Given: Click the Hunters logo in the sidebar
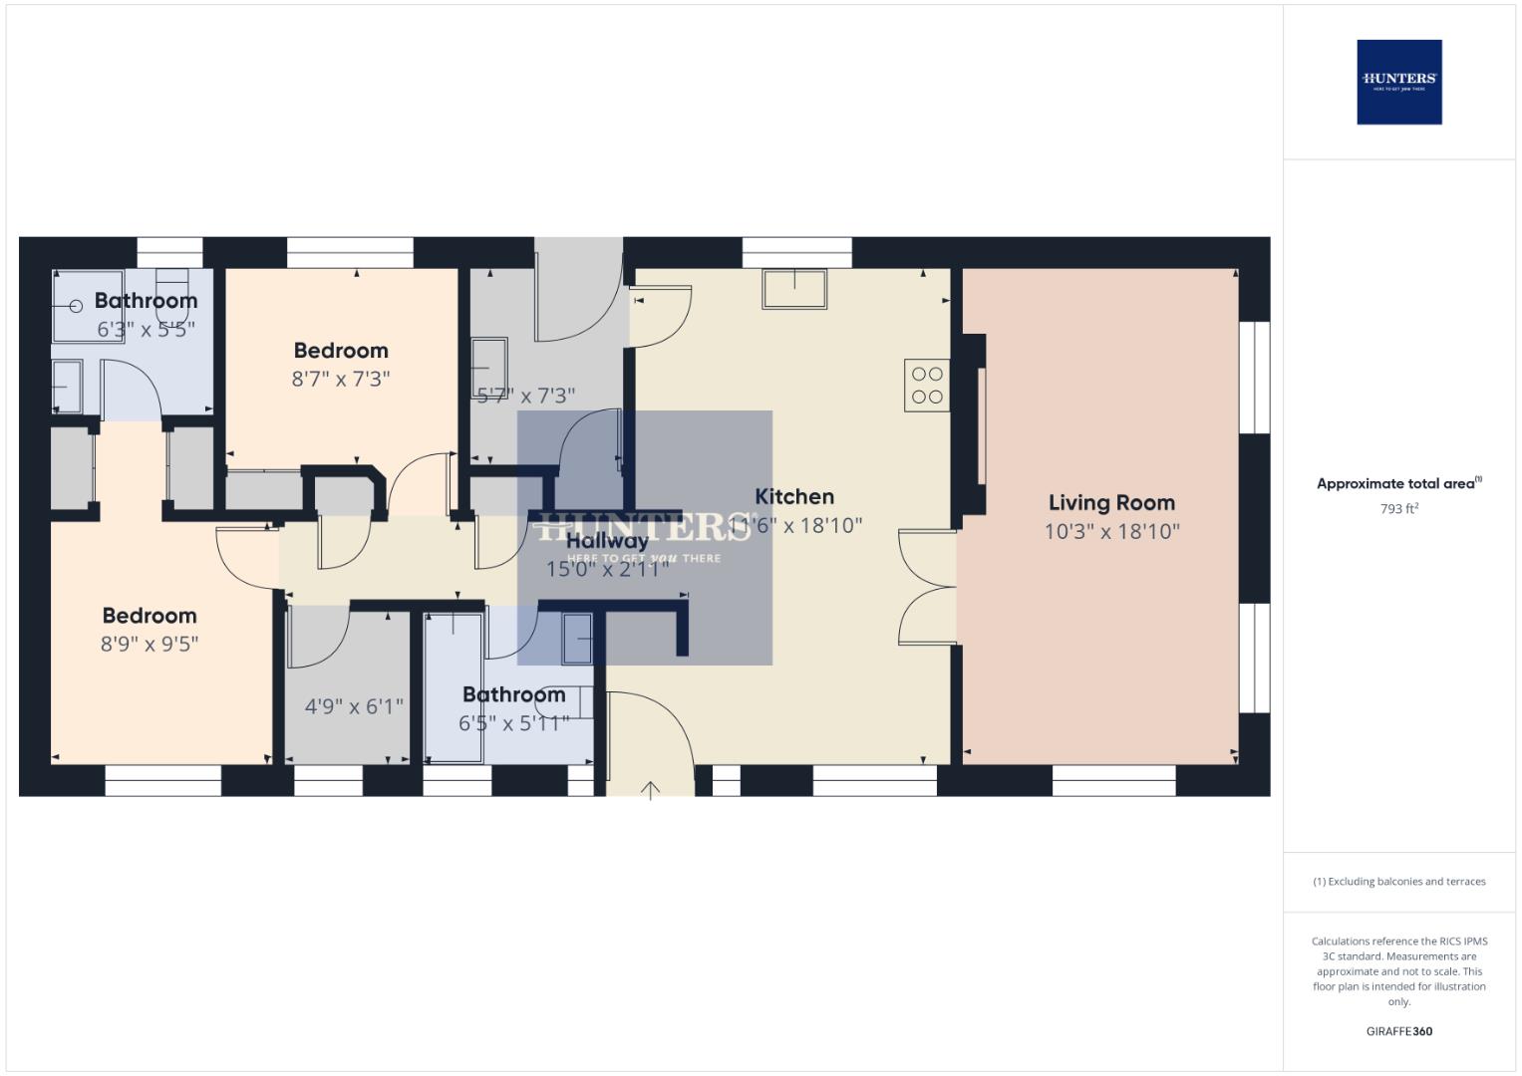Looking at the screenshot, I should pos(1398,82).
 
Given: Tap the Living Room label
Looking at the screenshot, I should pos(1111,503).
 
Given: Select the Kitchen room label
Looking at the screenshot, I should pos(794,496).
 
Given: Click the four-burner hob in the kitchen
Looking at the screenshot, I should pos(927,386).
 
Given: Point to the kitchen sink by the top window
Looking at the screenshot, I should pos(794,288).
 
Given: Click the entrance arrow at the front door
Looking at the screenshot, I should pos(650,791).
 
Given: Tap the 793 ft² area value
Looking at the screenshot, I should pos(1398,509).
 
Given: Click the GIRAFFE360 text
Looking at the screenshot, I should pos(1398,1031).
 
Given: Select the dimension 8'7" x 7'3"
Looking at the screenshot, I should pos(341,379).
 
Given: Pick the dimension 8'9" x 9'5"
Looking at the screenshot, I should pos(150,644).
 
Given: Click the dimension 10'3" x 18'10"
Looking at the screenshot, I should pos(1111,531).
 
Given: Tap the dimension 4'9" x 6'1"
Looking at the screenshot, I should pos(354,706).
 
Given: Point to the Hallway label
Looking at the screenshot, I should pos(607,541).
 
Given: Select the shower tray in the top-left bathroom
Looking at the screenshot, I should pos(87,306).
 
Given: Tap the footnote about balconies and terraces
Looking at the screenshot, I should pos(1398,882).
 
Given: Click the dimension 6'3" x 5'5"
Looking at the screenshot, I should pos(146,329).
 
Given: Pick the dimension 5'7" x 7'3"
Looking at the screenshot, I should pos(525,396).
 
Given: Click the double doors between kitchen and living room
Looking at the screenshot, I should pos(927,588).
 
